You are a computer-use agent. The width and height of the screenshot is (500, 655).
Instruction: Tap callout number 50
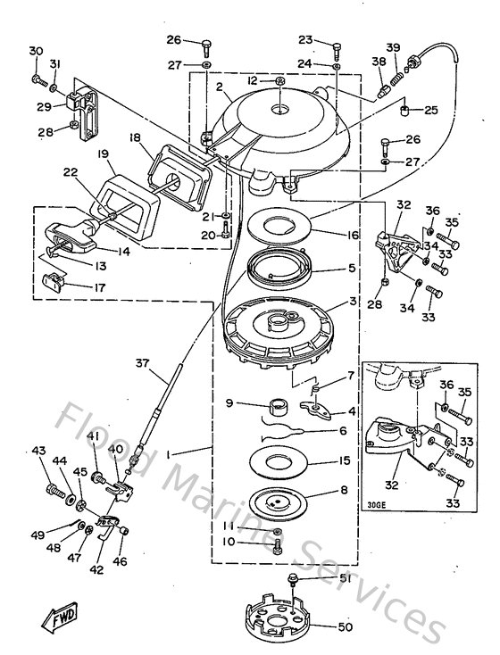pyautogui.click(x=345, y=626)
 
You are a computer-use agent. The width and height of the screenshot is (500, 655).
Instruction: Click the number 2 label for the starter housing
pyautogui.click(x=219, y=87)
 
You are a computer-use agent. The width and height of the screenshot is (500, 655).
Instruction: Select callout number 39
pyautogui.click(x=393, y=47)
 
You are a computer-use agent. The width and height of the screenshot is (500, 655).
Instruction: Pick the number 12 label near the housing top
pyautogui.click(x=254, y=81)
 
